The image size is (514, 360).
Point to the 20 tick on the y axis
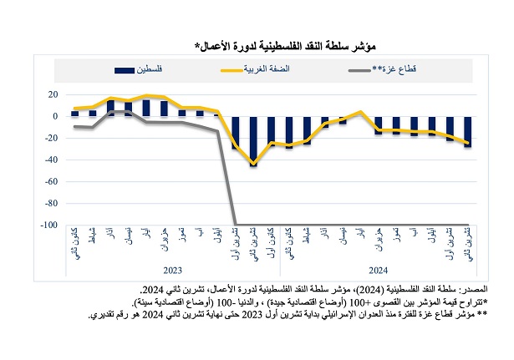point(53,94)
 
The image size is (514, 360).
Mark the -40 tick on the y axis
point(51,160)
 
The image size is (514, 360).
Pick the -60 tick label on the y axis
point(51,181)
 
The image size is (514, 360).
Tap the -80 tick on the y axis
point(51,203)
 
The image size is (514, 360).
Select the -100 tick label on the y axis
point(49,225)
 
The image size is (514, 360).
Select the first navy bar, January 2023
point(74,113)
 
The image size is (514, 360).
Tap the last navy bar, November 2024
point(467,131)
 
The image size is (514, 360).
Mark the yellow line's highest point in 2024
point(360,111)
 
